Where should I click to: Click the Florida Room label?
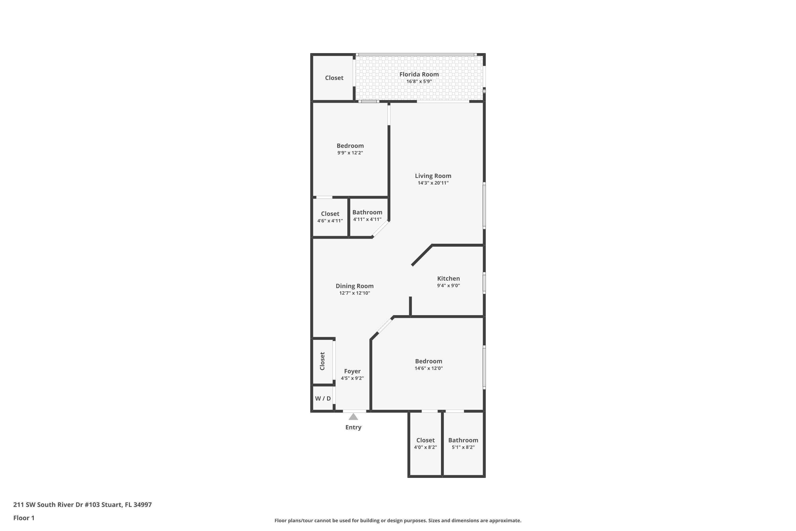pyautogui.click(x=419, y=74)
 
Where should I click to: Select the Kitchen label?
pyautogui.click(x=448, y=278)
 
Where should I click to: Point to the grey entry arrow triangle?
pyautogui.click(x=353, y=417)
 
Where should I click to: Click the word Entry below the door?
pyautogui.click(x=353, y=427)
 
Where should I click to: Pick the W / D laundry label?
pyautogui.click(x=323, y=399)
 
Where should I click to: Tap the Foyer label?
pyautogui.click(x=352, y=371)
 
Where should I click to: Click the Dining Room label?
pyautogui.click(x=354, y=286)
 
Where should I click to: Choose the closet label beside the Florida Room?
pyautogui.click(x=334, y=78)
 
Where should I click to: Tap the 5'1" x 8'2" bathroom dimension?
pyautogui.click(x=463, y=447)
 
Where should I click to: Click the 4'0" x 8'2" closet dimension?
pyautogui.click(x=425, y=447)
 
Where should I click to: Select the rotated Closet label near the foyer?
pyautogui.click(x=322, y=361)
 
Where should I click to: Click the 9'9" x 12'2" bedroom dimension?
pyautogui.click(x=350, y=153)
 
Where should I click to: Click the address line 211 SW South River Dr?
pyautogui.click(x=82, y=505)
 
